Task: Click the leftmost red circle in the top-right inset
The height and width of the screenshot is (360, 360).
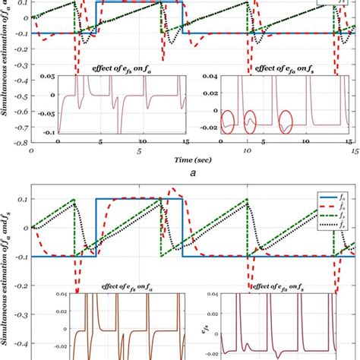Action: (x=229, y=122)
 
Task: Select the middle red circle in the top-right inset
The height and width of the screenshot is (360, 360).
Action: (x=254, y=121)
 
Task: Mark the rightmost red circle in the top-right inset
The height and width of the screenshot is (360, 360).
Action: (x=286, y=121)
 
